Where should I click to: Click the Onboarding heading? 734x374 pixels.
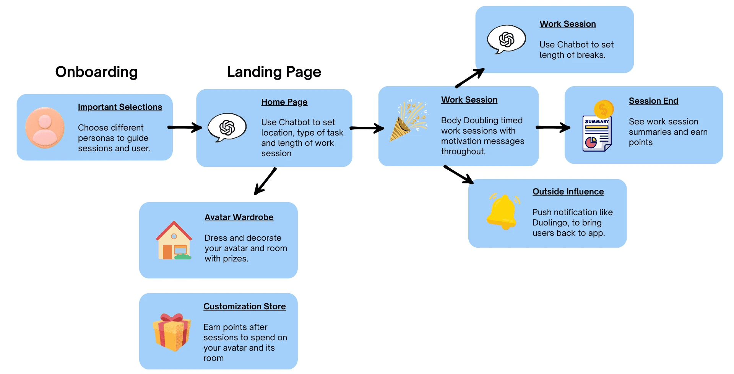pos(96,72)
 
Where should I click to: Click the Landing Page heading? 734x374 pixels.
pos(274,72)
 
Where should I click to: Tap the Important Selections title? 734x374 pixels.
pos(120,107)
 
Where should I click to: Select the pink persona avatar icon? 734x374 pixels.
pos(45,127)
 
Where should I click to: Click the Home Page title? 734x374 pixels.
pos(284,102)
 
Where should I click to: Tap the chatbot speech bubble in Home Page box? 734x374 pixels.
pos(227,127)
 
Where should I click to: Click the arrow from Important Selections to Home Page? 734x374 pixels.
pos(185,127)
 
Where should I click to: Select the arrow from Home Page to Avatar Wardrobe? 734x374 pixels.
pos(265,181)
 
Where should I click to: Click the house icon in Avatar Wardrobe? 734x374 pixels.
pos(174,240)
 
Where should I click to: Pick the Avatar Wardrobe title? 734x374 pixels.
pos(239,217)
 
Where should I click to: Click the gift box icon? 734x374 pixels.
pos(172,332)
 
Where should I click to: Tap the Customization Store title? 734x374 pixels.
pos(245,307)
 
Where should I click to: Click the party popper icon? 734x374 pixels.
pos(408,121)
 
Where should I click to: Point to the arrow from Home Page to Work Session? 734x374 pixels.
pos(367,128)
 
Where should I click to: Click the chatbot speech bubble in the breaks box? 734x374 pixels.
pos(507,39)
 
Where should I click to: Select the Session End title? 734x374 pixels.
pos(654,101)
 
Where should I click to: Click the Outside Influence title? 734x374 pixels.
pos(568,192)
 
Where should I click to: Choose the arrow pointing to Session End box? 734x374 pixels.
pos(553,127)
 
